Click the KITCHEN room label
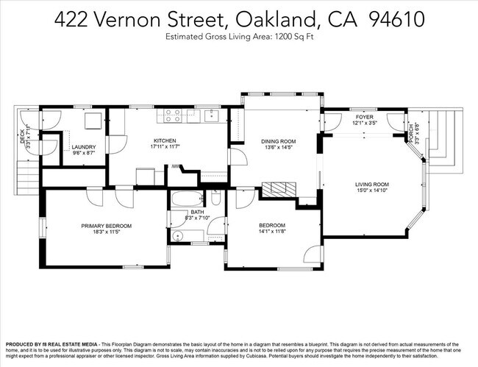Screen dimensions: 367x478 pyautogui.click(x=164, y=140)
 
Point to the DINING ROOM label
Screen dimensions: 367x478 pyautogui.click(x=278, y=141)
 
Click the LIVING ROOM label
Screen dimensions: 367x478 pyautogui.click(x=371, y=185)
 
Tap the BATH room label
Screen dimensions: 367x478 pyautogui.click(x=197, y=212)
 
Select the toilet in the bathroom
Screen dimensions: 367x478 pyautogui.click(x=215, y=199)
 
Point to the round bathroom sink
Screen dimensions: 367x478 pyautogui.click(x=179, y=236)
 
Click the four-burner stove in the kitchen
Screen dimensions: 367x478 pyautogui.click(x=173, y=115)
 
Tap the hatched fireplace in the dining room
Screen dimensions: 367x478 pyautogui.click(x=280, y=189)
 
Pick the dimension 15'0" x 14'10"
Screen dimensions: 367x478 pyautogui.click(x=371, y=193)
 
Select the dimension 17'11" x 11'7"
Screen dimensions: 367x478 pyautogui.click(x=164, y=148)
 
